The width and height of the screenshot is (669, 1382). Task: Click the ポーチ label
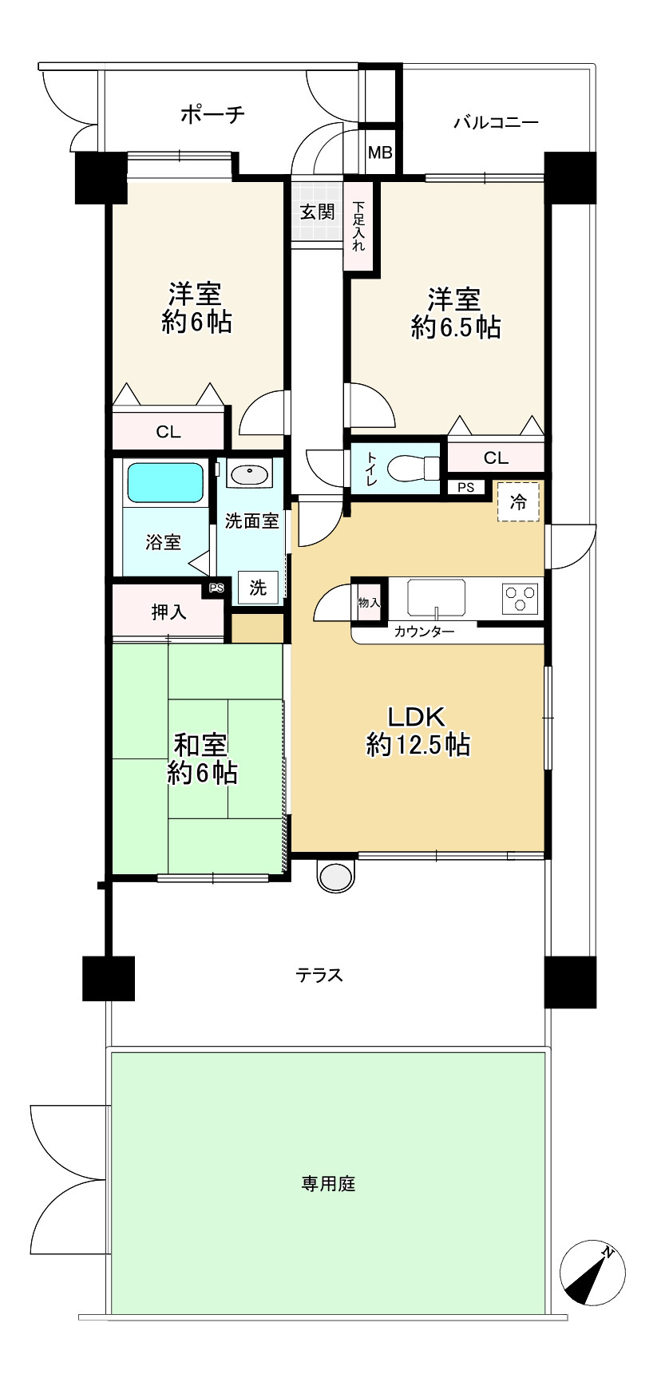click(212, 114)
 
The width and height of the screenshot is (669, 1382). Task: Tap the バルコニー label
click(496, 123)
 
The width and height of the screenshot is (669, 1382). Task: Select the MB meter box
click(380, 152)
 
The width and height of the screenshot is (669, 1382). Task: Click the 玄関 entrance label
click(317, 212)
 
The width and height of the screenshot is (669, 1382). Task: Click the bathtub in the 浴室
click(165, 483)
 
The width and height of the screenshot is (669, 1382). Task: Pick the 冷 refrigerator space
click(519, 501)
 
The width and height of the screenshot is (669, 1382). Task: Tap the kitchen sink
click(436, 598)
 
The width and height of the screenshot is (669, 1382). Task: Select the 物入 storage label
click(369, 603)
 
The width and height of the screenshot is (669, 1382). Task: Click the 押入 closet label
click(169, 612)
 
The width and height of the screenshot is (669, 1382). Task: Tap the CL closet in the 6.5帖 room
click(496, 458)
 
